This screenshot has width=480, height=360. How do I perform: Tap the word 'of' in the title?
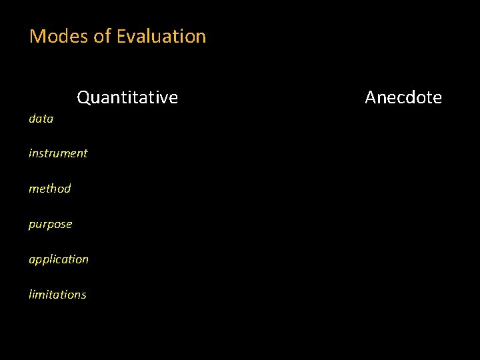(x=103, y=36)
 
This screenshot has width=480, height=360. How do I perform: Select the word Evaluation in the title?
(x=161, y=36)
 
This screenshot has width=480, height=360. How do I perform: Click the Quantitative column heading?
(x=127, y=98)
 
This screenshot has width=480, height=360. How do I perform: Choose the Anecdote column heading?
(x=403, y=98)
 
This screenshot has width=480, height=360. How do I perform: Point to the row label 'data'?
(x=41, y=119)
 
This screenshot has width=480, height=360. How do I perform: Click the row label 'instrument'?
(x=58, y=153)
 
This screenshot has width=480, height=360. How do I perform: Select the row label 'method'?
(x=49, y=189)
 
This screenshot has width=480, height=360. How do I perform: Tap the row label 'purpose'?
(x=50, y=225)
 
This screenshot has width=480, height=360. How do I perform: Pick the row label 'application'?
(x=59, y=259)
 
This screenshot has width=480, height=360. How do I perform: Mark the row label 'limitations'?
(x=57, y=295)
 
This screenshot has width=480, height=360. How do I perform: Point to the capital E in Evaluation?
(x=121, y=36)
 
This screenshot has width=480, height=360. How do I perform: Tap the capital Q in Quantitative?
(x=84, y=98)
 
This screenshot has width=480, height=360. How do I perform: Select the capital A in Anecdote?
(x=371, y=98)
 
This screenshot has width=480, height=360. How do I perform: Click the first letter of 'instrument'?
(x=31, y=153)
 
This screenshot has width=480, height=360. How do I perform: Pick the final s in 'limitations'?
(x=83, y=295)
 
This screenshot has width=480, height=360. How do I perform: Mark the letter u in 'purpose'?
(x=39, y=225)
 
